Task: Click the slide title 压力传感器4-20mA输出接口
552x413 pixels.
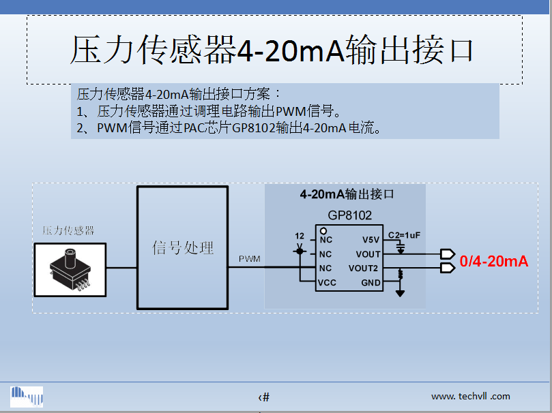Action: point(272,51)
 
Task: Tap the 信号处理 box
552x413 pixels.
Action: point(182,247)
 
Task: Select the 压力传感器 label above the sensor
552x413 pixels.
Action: point(68,230)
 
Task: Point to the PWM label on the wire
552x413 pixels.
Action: point(249,259)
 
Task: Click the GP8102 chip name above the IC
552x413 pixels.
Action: point(349,215)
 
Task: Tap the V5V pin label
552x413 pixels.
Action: point(370,240)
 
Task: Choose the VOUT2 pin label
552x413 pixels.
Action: point(363,269)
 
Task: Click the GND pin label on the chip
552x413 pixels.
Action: point(371,283)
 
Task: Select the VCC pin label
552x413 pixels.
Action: point(328,283)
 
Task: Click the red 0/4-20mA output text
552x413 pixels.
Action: point(494,261)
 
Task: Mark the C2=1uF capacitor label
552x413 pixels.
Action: point(404,235)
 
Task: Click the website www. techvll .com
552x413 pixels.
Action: point(470,396)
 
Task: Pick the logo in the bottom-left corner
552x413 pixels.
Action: point(27,396)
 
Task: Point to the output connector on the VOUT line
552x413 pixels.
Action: point(448,254)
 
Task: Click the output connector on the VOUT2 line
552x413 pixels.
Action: point(448,269)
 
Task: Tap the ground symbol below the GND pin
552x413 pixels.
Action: point(400,293)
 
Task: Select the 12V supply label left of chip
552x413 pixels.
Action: point(299,240)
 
